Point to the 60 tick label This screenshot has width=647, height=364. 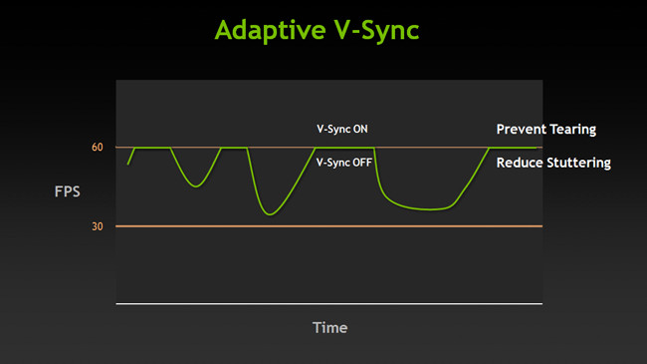[98, 148]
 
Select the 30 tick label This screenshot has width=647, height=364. [98, 226]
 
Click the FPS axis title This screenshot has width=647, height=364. [67, 188]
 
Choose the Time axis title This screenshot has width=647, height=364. [329, 327]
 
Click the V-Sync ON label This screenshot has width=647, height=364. [341, 130]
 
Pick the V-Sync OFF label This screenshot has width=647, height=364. [343, 162]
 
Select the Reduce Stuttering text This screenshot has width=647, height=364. [552, 162]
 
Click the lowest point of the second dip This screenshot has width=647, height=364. [269, 213]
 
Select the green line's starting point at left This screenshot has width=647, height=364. [127, 164]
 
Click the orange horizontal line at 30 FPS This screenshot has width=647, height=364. [328, 226]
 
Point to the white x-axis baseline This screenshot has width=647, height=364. [328, 302]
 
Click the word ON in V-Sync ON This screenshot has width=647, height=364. [359, 130]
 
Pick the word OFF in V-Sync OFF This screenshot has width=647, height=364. [361, 162]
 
